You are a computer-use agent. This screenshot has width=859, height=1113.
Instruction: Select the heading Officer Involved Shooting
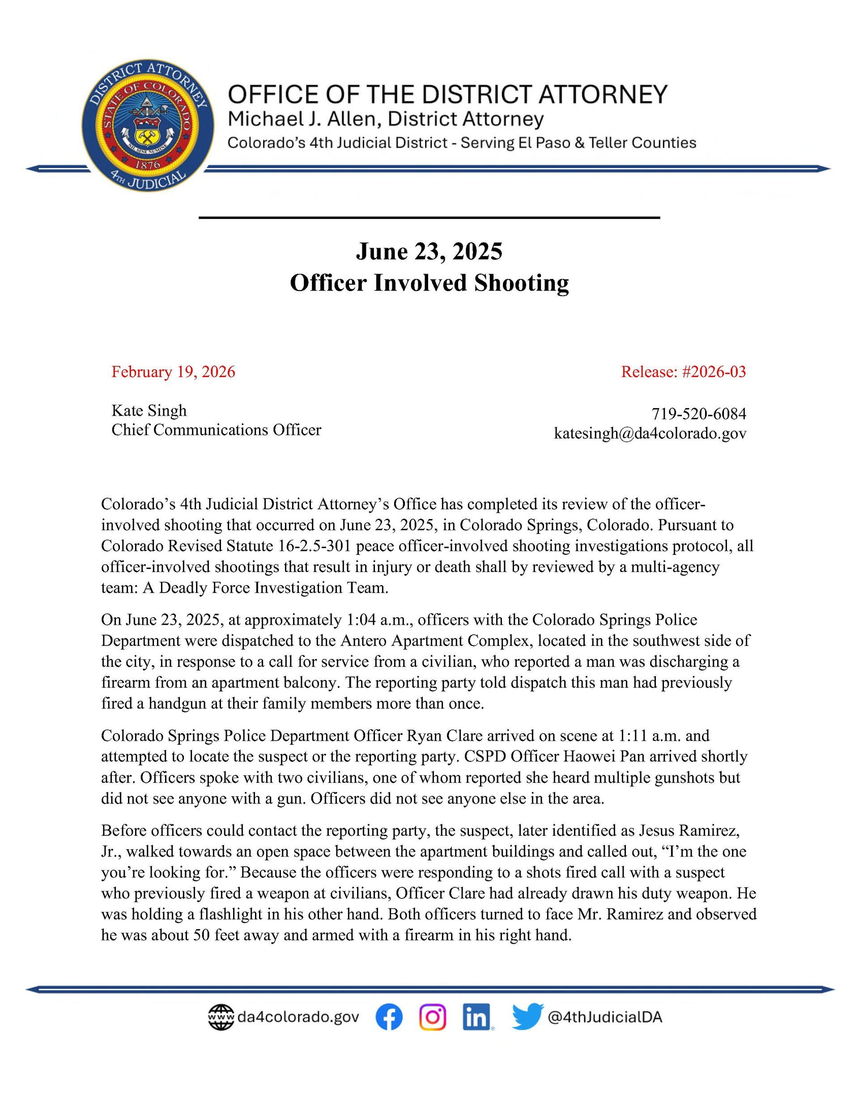pyautogui.click(x=429, y=282)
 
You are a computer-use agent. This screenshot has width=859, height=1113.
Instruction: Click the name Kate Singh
pyautogui.click(x=149, y=410)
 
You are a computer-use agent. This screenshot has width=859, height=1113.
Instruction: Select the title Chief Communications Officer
pyautogui.click(x=217, y=430)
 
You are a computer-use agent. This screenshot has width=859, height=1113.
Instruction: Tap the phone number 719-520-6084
pyautogui.click(x=698, y=414)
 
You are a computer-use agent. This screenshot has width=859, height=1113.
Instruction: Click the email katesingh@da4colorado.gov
pyautogui.click(x=650, y=433)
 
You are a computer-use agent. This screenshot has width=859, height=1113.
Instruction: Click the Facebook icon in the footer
pyautogui.click(x=389, y=1017)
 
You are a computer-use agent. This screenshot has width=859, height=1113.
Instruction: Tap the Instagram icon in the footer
pyautogui.click(x=433, y=1017)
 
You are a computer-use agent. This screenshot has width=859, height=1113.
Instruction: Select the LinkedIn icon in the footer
pyautogui.click(x=476, y=1017)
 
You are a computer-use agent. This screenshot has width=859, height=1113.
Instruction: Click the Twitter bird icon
pyautogui.click(x=527, y=1017)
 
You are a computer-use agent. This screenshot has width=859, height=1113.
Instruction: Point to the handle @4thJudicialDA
pyautogui.click(x=604, y=1017)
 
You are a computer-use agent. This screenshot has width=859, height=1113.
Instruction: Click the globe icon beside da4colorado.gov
pyautogui.click(x=221, y=1017)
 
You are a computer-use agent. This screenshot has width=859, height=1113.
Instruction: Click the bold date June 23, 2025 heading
pyautogui.click(x=429, y=251)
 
